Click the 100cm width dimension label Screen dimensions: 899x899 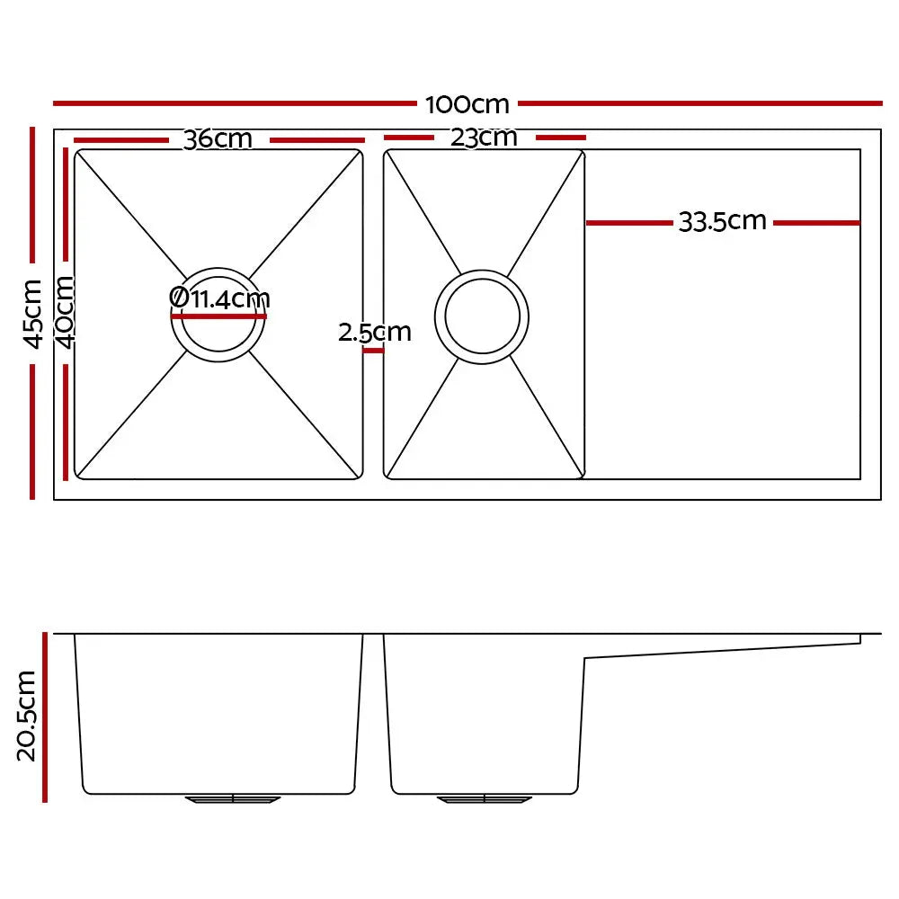[467, 104]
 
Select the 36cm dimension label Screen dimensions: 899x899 [218, 140]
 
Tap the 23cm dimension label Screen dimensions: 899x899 [485, 138]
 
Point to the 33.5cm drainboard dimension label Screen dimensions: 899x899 [722, 221]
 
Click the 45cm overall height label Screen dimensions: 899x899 [32, 313]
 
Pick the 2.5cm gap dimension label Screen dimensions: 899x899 [374, 332]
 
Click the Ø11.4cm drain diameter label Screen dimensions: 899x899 [219, 298]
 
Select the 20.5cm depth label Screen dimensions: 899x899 [26, 716]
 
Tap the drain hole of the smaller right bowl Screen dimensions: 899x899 [481, 316]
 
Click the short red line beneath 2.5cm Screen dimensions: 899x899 [373, 351]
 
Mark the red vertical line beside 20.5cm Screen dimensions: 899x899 [44, 717]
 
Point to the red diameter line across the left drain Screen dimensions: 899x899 [219, 316]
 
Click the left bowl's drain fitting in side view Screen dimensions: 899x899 [233, 798]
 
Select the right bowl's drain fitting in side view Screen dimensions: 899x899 [484, 798]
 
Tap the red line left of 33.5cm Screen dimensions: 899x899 [629, 222]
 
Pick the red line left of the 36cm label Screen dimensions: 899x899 [122, 140]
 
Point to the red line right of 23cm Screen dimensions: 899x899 [560, 138]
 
